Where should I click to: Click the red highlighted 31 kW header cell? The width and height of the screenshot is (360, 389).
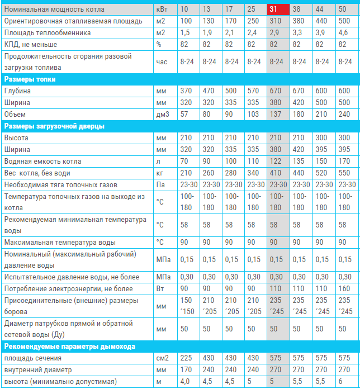[278, 10]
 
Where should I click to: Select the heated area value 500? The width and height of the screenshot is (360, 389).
[344, 21]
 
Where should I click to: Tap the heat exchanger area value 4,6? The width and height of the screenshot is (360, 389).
[343, 33]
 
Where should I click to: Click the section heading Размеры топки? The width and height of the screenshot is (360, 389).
[30, 79]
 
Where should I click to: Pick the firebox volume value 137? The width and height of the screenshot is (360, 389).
[276, 115]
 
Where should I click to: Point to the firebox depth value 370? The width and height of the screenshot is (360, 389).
[186, 91]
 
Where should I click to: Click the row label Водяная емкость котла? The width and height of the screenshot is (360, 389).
[42, 162]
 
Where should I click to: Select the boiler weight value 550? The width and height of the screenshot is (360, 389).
[344, 173]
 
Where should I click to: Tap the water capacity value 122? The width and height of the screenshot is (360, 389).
[276, 162]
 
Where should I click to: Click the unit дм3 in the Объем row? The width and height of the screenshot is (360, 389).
[163, 115]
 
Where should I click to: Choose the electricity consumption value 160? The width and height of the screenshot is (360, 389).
[344, 289]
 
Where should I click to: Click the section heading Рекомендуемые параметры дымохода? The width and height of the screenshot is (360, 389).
[70, 347]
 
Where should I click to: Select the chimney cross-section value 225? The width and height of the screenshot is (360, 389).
[186, 358]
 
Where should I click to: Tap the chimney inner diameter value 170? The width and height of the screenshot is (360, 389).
[186, 370]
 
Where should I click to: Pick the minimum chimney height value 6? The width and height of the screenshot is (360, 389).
[340, 381]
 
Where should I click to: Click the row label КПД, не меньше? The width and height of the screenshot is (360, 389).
[31, 45]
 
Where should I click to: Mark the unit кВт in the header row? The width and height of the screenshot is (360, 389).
[162, 10]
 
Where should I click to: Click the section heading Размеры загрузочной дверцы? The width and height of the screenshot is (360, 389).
[54, 126]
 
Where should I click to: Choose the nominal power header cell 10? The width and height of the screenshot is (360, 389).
[184, 10]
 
